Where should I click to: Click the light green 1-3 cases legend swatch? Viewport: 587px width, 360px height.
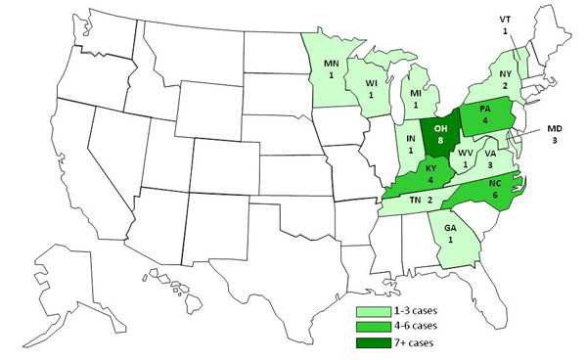[372, 311]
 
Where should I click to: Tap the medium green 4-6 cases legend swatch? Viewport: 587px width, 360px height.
[372, 327]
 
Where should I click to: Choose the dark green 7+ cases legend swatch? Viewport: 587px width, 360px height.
[372, 342]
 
